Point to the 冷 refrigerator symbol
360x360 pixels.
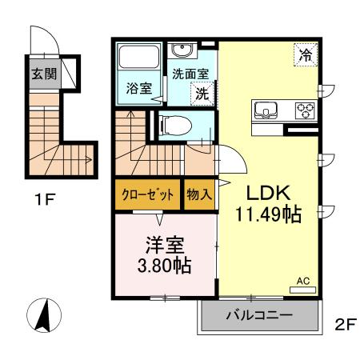306,55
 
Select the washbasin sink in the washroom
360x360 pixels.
182,50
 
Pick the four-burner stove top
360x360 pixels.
305,110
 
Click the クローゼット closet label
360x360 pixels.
146,194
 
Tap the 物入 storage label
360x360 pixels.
199,194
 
